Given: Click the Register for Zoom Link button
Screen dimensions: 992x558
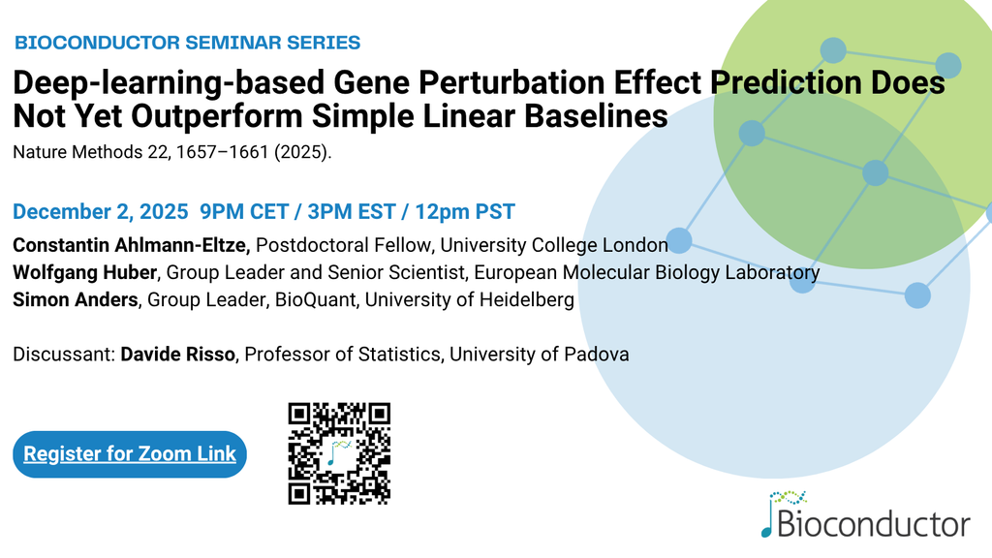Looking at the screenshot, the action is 130,454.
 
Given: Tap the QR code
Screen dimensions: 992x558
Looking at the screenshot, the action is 339,453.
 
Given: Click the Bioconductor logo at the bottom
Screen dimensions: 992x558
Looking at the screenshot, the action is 865,514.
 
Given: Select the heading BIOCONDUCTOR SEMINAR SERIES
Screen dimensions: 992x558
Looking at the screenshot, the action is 187,43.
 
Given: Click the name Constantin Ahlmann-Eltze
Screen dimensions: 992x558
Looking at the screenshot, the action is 132,245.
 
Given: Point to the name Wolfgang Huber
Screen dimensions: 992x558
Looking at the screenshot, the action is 85,272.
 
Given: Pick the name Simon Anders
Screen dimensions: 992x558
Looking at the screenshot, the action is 76,299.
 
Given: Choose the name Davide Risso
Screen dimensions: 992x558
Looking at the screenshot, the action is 178,355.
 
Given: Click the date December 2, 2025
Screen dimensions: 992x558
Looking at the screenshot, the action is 101,211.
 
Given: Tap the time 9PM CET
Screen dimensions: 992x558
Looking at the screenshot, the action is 244,211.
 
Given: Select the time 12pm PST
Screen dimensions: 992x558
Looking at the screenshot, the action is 465,211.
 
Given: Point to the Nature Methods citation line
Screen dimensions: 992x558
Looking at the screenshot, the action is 172,152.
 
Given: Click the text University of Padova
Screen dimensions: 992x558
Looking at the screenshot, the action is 539,355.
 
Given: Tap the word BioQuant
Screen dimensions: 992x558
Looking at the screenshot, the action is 315,299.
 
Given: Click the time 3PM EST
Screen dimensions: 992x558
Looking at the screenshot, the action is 352,211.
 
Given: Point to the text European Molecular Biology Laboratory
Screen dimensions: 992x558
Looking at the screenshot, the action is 646,272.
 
